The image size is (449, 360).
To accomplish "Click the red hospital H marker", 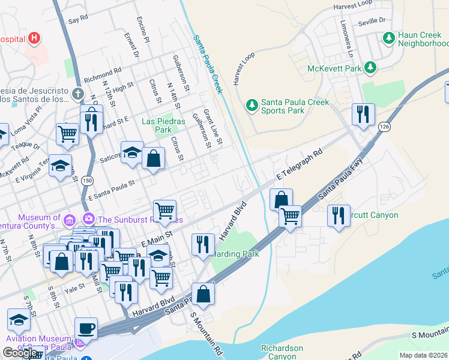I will [x=34, y=39].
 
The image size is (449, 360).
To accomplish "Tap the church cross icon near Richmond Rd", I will [x=77, y=94].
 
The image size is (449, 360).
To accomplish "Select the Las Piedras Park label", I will [x=156, y=125].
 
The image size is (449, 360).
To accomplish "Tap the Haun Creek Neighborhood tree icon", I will [x=388, y=38].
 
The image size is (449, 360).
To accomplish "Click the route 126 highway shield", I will [x=384, y=126].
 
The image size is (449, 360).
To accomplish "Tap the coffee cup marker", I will [x=86, y=328].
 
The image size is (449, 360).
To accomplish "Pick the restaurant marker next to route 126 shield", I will [x=363, y=114].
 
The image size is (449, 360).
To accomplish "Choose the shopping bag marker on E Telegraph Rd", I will [x=281, y=199].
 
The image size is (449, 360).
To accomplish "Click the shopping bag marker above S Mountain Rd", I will [x=203, y=293].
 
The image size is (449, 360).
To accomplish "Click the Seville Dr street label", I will [x=372, y=20].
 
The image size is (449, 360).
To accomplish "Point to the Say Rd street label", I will [x=78, y=20].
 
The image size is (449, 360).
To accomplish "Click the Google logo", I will [x=20, y=353].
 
